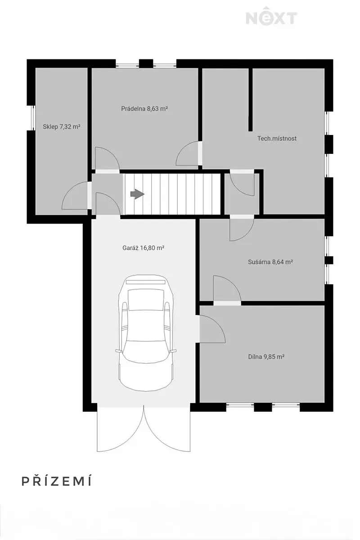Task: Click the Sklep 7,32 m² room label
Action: pyautogui.click(x=62, y=126)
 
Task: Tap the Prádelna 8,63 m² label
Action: pyautogui.click(x=144, y=108)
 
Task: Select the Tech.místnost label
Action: pyautogui.click(x=277, y=139)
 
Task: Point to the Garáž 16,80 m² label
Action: pyautogui.click(x=144, y=248)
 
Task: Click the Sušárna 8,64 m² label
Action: pyautogui.click(x=270, y=262)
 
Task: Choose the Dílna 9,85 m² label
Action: pyautogui.click(x=266, y=356)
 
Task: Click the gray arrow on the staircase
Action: pyautogui.click(x=137, y=194)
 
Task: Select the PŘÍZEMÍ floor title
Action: pyautogui.click(x=57, y=481)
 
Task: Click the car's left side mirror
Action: pyautogui.click(x=118, y=351)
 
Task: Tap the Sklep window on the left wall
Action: pyautogui.click(x=31, y=118)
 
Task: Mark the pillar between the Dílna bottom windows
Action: pyautogui.click(x=263, y=407)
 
